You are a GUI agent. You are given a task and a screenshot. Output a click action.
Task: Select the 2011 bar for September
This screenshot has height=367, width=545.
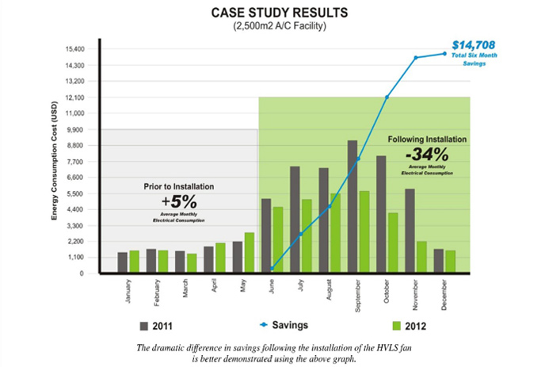(x=352, y=207)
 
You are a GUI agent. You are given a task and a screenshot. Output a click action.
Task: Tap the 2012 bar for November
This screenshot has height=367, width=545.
(x=421, y=257)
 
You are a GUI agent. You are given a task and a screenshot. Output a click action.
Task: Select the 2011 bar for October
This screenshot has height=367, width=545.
(x=381, y=215)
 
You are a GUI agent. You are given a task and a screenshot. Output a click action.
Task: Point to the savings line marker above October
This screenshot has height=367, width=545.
(x=387, y=97)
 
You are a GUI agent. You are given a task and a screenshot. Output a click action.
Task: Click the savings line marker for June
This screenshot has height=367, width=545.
(x=272, y=269)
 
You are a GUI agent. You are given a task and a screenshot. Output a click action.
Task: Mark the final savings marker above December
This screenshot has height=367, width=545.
(x=444, y=53)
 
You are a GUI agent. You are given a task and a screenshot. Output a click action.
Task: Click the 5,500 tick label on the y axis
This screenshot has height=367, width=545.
(x=75, y=193)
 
